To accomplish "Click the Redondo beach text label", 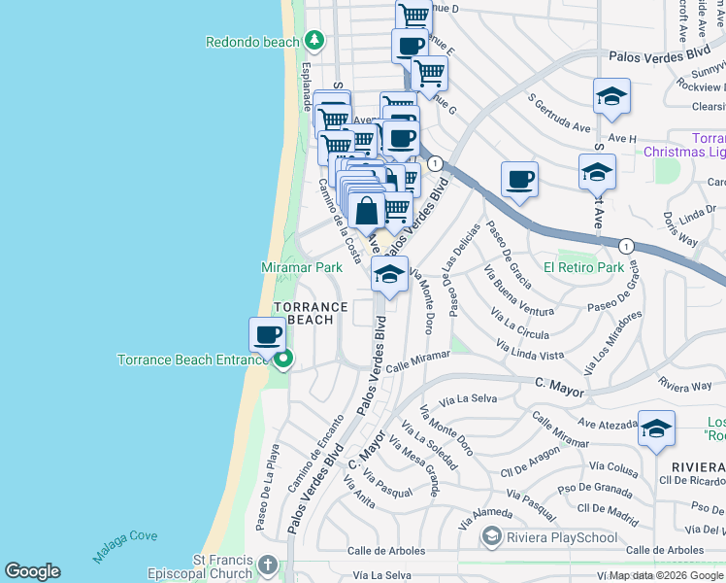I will point(252,42).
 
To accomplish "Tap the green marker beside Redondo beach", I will point(313,41).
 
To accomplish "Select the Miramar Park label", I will point(302,266).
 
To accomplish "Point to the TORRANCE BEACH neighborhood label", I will point(311,313).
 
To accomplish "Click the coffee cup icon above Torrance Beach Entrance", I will point(268,335).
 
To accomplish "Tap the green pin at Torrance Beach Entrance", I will point(283,360).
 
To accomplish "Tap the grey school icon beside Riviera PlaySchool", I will point(492,536).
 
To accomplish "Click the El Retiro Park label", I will point(583,266).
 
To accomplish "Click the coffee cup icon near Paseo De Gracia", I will point(520,179).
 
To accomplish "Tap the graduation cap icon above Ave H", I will point(612,96).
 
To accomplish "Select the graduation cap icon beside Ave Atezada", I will point(657,429).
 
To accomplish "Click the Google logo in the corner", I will point(32,571).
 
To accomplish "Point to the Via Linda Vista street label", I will point(529,350).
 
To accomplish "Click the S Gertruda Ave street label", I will point(559,114).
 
